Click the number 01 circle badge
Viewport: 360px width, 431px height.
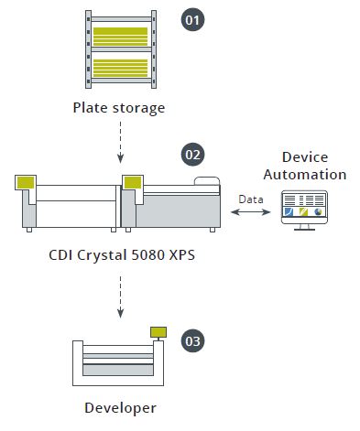pos(192,19)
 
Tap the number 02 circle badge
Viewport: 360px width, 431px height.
pos(192,154)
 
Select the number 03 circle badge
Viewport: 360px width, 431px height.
pos(192,340)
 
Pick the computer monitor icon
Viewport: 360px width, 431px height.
pos(303,210)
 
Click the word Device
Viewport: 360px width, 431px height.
pos(304,157)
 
